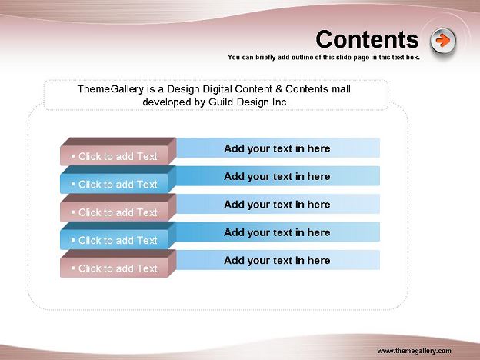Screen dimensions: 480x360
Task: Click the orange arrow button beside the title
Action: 442,41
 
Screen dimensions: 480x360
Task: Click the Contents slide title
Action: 367,39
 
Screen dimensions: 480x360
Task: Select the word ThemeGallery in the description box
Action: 111,89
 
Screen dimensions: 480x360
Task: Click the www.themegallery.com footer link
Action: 414,351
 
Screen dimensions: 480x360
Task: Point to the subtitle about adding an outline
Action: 324,57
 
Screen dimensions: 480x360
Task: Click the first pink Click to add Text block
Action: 118,152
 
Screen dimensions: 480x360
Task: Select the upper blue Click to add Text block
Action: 118,180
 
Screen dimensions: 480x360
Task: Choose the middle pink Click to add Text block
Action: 118,208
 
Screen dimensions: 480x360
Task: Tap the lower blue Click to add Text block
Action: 118,235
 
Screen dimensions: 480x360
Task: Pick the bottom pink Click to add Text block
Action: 118,264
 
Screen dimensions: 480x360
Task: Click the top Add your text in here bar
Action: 278,148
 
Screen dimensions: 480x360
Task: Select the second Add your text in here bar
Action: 278,176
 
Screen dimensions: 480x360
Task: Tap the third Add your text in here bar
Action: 278,204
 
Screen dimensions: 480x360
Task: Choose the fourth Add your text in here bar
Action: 278,232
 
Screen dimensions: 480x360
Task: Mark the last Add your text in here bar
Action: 278,260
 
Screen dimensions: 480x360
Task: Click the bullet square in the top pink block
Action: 73,156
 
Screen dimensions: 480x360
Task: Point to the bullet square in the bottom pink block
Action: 73,268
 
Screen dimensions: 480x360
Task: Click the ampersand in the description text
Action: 279,89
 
